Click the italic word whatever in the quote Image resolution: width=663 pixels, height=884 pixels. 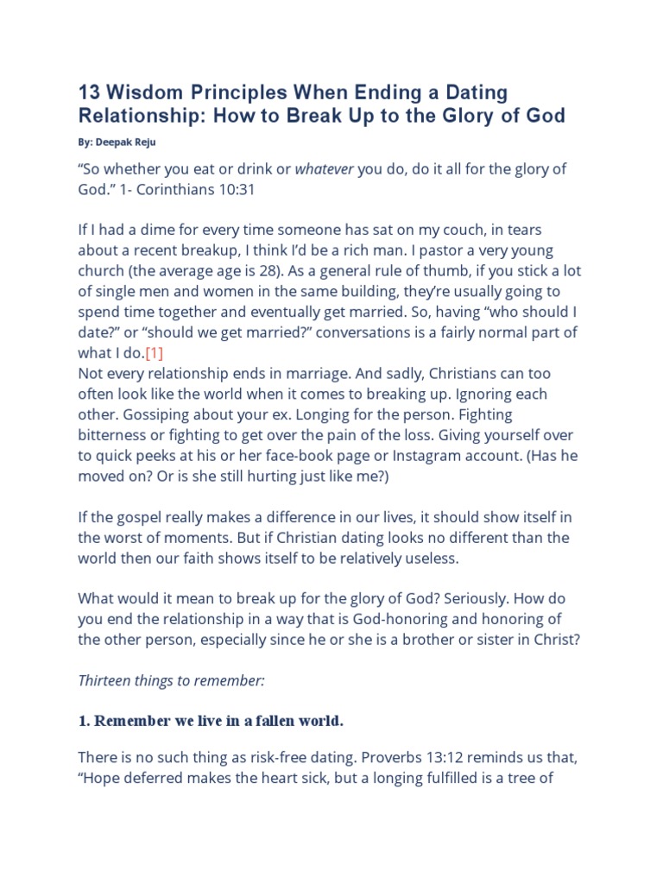pyautogui.click(x=325, y=169)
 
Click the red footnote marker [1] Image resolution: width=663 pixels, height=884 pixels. pyautogui.click(x=155, y=353)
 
